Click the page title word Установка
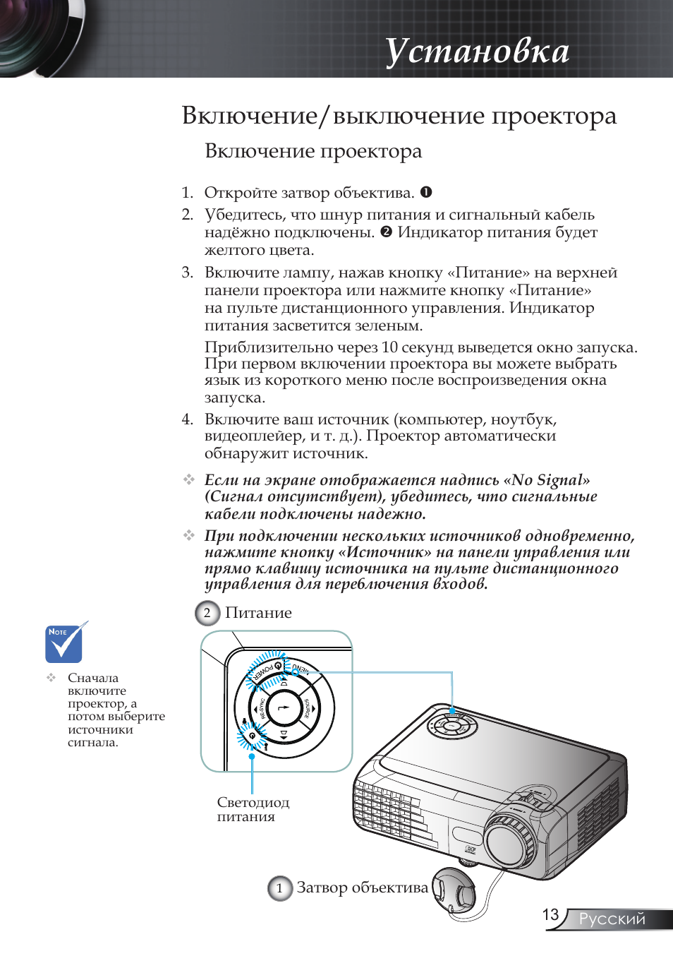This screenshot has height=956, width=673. [477, 52]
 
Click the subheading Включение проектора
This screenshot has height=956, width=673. [313, 151]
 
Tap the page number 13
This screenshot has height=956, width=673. [550, 915]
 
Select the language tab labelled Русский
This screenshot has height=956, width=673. [612, 919]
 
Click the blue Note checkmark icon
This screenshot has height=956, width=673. [64, 643]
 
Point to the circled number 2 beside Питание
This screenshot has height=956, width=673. [207, 613]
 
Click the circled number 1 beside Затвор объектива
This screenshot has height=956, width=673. [279, 888]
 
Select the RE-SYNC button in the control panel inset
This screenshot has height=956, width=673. [261, 708]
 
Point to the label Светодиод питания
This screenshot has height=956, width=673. [253, 809]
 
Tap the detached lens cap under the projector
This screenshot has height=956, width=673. [454, 893]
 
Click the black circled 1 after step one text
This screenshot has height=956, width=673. [426, 192]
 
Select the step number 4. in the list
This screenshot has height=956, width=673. [187, 419]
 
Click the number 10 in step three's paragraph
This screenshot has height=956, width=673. [389, 347]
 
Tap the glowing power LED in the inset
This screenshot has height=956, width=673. [252, 736]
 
